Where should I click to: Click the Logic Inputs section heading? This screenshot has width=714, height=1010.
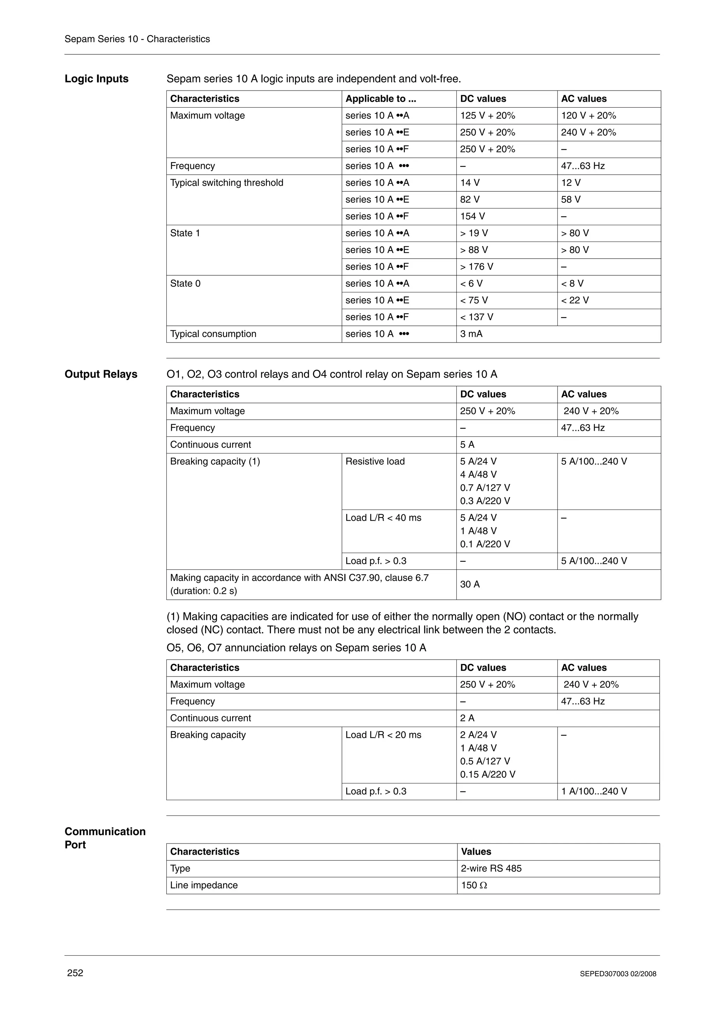pyautogui.click(x=96, y=79)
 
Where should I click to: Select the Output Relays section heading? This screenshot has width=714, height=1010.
pyautogui.click(x=101, y=374)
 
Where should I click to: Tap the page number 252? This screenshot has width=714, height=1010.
pyautogui.click(x=75, y=973)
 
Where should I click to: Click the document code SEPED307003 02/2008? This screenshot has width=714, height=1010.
pyautogui.click(x=618, y=974)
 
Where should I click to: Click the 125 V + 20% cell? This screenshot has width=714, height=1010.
pyautogui.click(x=487, y=116)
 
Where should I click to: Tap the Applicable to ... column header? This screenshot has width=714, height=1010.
pyautogui.click(x=381, y=99)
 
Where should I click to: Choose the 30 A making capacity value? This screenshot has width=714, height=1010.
pyautogui.click(x=470, y=584)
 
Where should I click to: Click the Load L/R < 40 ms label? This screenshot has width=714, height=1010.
pyautogui.click(x=383, y=518)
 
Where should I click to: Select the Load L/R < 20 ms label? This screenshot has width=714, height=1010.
pyautogui.click(x=383, y=735)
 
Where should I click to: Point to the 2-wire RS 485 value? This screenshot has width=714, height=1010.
pyautogui.click(x=491, y=869)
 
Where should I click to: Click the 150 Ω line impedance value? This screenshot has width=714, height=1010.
pyautogui.click(x=474, y=885)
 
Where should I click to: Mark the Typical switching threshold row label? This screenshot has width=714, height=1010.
pyautogui.click(x=227, y=183)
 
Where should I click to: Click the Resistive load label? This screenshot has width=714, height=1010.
pyautogui.click(x=375, y=461)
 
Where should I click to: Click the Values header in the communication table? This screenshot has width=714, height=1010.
pyautogui.click(x=476, y=852)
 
